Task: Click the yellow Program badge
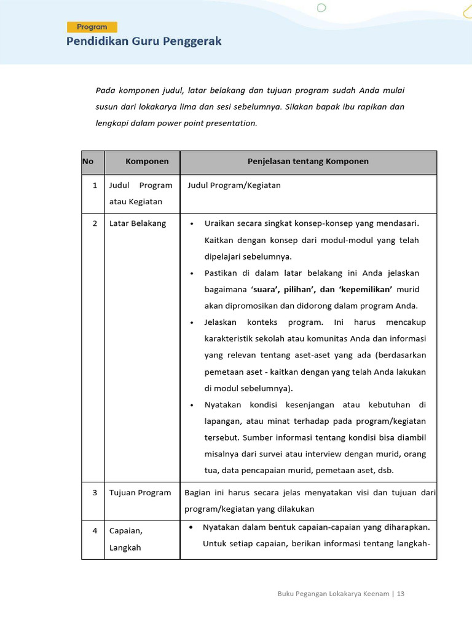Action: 92,27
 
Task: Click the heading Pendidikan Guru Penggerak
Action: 144,42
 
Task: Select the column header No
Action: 88,161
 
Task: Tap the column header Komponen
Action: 147,161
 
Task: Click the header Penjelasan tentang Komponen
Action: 308,161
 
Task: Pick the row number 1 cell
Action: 95,185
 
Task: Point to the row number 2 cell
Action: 95,223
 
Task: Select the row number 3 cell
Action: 95,493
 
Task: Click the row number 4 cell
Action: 95,530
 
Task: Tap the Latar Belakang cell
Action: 138,223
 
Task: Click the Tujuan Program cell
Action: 140,493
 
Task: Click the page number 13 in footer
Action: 401,594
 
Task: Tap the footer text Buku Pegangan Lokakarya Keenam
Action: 333,594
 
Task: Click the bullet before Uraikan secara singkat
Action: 192,224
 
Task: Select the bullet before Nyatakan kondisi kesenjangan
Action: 192,405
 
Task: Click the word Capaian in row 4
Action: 125,530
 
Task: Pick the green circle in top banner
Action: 321,8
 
